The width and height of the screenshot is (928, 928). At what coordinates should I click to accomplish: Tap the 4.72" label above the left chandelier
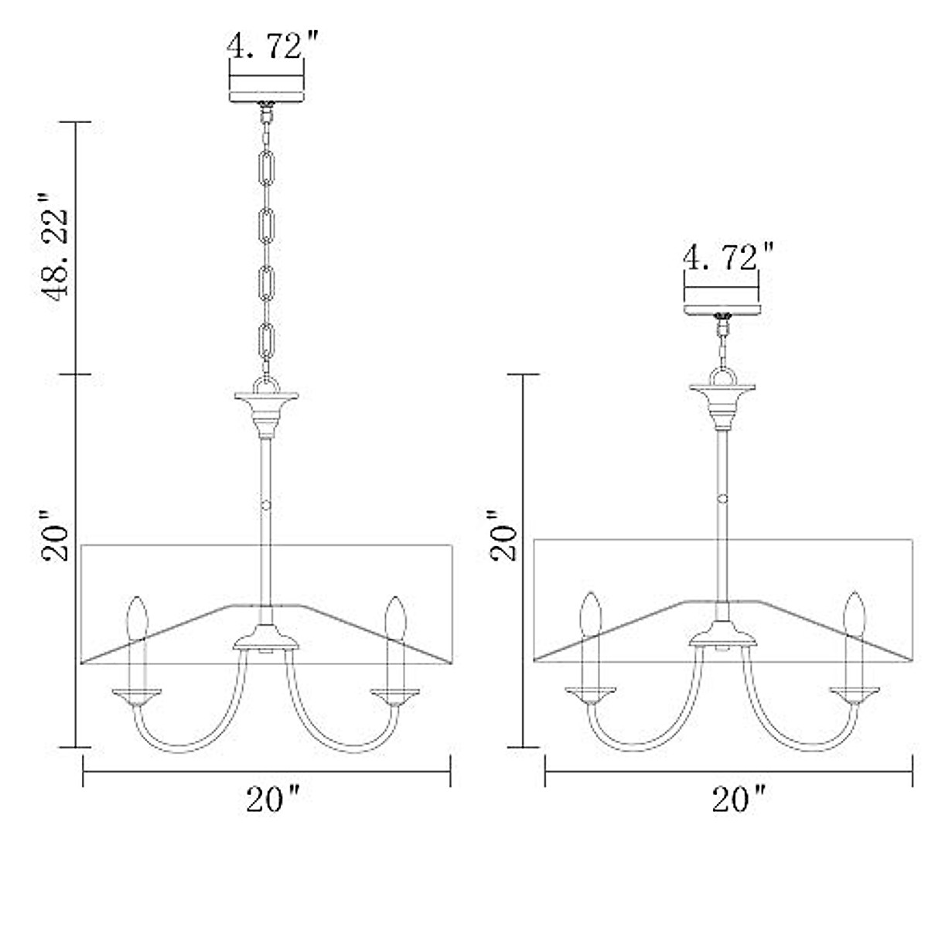[x=272, y=46]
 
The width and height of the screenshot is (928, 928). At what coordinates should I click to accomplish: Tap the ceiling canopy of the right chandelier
[x=722, y=309]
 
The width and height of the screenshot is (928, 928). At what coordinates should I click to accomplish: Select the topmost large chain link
[x=266, y=168]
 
